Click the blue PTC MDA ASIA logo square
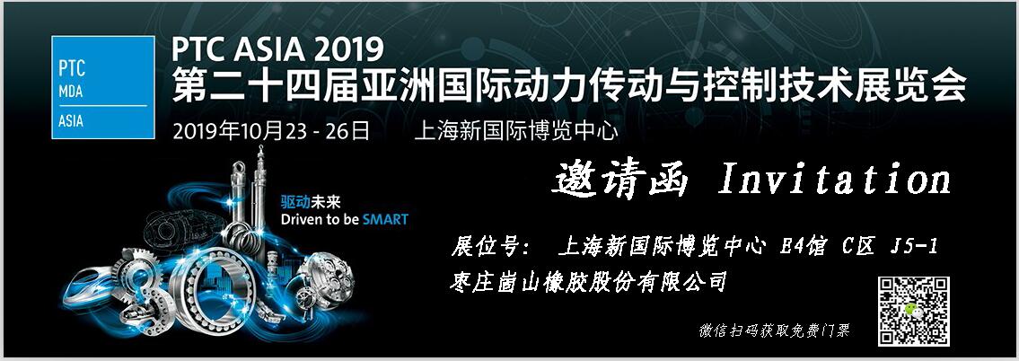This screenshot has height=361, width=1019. [102, 87]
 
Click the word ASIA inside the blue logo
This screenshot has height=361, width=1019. [71, 120]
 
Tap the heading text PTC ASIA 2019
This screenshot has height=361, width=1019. [277, 48]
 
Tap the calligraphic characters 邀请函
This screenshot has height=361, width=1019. [620, 179]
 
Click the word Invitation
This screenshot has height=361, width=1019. [834, 179]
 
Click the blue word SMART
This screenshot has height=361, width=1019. [385, 218]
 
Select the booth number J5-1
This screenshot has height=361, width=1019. [914, 247]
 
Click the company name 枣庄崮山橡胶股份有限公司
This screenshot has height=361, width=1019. [587, 282]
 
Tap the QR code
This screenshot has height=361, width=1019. [914, 311]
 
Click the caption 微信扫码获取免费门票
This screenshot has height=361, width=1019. [774, 330]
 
